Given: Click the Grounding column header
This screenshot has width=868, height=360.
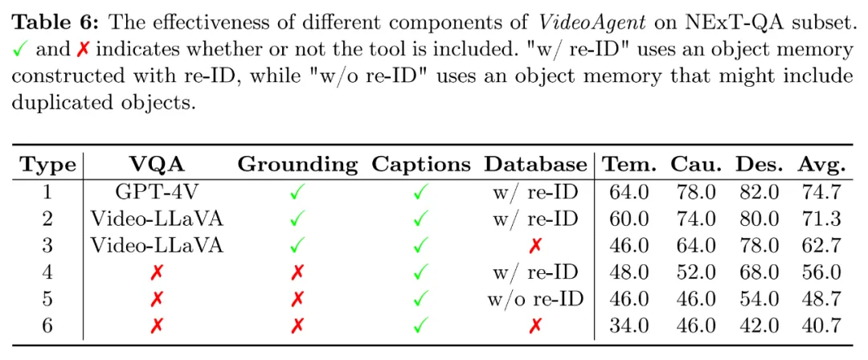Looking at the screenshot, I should pos(297,166).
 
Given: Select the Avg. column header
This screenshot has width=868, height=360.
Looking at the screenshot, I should pos(821,166).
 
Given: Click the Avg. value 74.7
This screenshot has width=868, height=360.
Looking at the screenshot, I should pos(821,192).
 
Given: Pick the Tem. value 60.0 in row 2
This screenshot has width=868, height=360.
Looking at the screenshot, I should pos(627,219).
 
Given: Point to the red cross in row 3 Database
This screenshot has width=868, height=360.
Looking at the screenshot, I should pos(535,245).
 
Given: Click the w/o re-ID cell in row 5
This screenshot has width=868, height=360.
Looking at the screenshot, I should pos(535,298).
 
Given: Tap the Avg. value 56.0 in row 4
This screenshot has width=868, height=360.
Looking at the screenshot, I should pos(821,272).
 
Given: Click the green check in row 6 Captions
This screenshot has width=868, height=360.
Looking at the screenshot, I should pos(420,325).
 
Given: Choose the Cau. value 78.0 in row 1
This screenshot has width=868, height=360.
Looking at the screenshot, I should pos(693,192).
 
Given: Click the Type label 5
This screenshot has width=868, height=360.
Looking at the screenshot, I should pos(47,298).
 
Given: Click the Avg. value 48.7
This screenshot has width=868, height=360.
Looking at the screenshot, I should pos(821,298).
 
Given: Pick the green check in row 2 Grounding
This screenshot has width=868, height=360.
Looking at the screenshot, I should pos(297,219).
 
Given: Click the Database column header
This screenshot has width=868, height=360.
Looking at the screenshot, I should pos(535,166).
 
